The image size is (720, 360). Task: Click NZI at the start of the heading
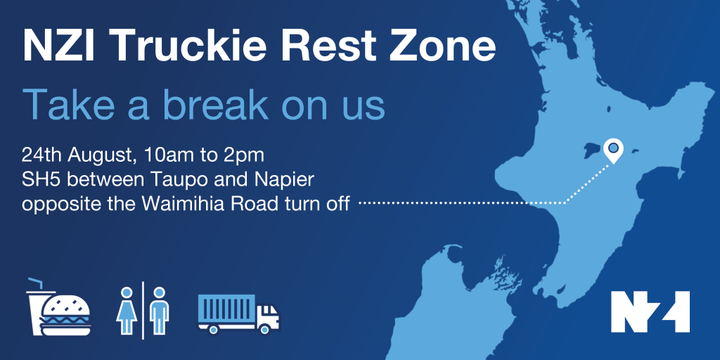point(58,45)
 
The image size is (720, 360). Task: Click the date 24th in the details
point(41,155)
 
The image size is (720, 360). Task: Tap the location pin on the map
point(613,150)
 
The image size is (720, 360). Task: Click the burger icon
point(65,316)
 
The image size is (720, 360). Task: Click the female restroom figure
point(126,310)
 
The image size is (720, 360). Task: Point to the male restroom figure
point(159,310)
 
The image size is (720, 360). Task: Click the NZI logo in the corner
point(650,311)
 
